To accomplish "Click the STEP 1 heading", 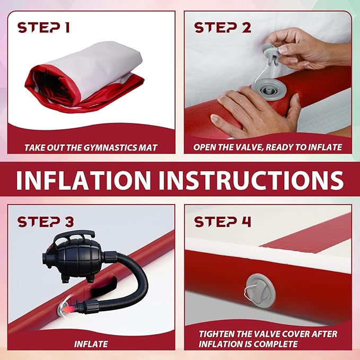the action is [43, 28].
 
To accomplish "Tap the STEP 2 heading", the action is [223, 28].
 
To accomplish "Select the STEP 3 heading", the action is [46, 222].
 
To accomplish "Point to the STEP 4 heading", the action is [223, 222].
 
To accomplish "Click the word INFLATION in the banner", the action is [84, 180].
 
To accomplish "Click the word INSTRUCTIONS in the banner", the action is [251, 180].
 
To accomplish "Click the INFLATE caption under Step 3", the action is [91, 344].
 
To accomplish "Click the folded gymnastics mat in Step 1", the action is [84, 77].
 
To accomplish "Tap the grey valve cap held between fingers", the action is [271, 53].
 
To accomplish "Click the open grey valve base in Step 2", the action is [269, 89].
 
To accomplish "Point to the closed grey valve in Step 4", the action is [260, 291].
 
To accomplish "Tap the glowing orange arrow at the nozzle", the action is [67, 309].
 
